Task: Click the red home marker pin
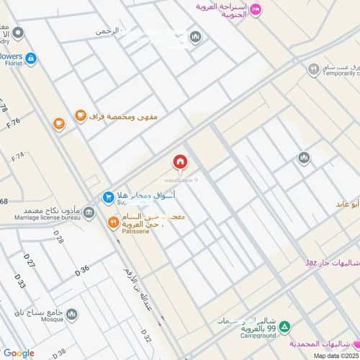tap(179, 161)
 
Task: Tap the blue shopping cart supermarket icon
tap(107, 196)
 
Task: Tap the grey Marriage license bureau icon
tap(89, 212)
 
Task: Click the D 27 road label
tap(30, 264)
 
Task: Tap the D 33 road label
tap(19, 286)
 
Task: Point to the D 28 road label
tap(59, 238)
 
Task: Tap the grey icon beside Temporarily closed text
tap(313, 70)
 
